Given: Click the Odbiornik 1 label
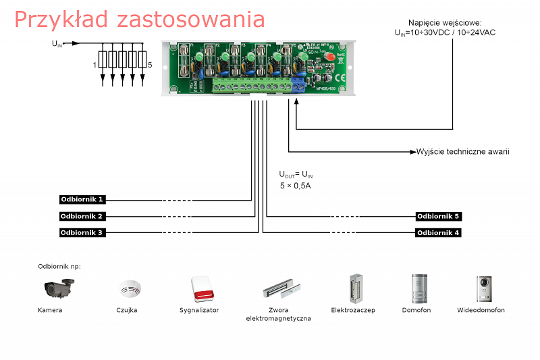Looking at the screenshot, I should click(x=82, y=200).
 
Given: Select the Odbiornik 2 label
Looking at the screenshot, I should click(x=82, y=216).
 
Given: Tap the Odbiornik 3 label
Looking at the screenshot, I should click(x=82, y=232).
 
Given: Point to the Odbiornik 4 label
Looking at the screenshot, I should click(x=438, y=232).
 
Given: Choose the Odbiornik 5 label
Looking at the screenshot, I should click(x=438, y=216).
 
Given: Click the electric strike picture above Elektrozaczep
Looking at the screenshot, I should click(x=353, y=288).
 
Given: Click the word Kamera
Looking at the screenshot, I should click(x=51, y=310).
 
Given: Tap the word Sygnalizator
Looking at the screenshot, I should click(x=199, y=310).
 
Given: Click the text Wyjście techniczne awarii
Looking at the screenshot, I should click(x=462, y=151).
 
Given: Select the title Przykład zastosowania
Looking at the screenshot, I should click(x=139, y=19).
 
